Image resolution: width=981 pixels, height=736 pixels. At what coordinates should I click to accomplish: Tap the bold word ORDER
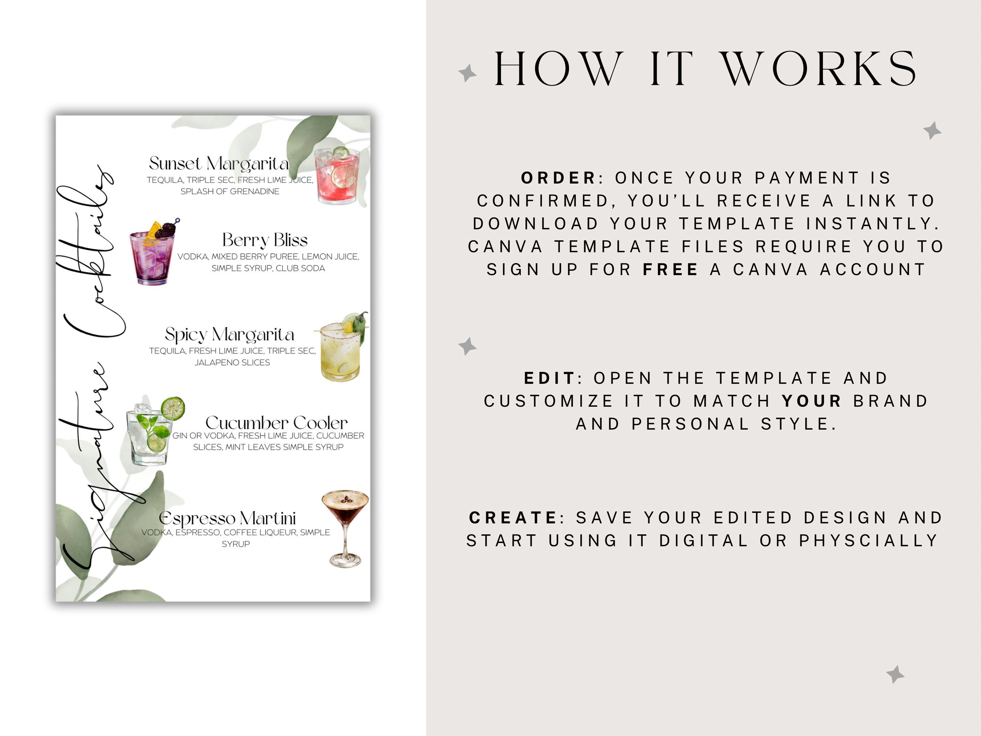point(558,178)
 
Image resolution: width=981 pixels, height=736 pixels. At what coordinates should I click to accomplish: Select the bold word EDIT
point(549,378)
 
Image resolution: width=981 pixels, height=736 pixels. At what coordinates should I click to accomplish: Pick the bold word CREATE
point(513,518)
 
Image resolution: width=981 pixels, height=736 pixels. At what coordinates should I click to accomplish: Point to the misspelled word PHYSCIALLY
point(868,541)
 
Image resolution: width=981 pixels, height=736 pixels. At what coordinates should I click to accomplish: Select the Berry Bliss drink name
point(265,240)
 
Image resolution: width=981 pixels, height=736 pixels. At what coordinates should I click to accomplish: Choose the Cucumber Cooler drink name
point(276,422)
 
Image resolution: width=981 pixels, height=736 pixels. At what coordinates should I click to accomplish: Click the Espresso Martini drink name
point(227,518)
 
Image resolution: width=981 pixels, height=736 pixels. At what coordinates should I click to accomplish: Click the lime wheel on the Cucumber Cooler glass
point(173,408)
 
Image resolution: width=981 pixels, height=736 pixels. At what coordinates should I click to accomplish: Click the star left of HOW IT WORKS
point(467,73)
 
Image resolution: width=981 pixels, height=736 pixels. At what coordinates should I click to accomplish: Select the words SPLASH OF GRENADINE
point(230,192)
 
